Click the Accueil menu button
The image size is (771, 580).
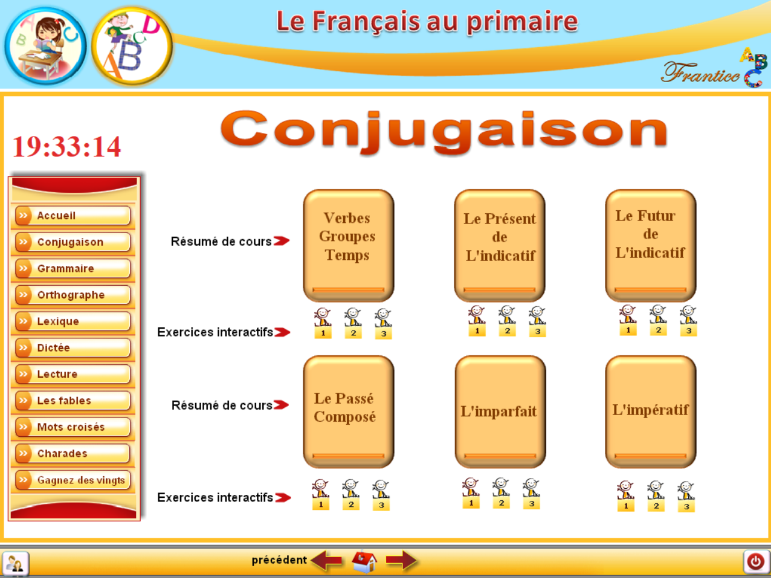click(x=73, y=215)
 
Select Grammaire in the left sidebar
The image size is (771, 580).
click(x=73, y=268)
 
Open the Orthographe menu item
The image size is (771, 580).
click(x=73, y=295)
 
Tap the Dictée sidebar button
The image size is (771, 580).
click(x=73, y=347)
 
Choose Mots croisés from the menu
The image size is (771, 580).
click(x=73, y=427)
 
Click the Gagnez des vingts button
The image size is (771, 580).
click(x=73, y=480)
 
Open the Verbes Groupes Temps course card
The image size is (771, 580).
click(x=349, y=245)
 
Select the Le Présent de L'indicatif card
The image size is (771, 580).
click(x=500, y=245)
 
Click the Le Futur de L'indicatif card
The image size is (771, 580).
click(x=651, y=245)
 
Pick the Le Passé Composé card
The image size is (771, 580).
click(x=349, y=411)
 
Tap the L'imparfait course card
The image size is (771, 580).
click(x=500, y=411)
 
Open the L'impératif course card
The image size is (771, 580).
click(x=651, y=411)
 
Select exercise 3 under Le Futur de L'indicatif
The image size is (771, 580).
click(x=688, y=321)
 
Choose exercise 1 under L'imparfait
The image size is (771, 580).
click(x=471, y=492)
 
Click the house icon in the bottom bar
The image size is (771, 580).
click(x=364, y=561)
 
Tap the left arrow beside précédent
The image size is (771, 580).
click(x=326, y=561)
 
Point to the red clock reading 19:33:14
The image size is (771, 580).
click(x=66, y=146)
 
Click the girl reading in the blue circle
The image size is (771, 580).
click(x=46, y=46)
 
